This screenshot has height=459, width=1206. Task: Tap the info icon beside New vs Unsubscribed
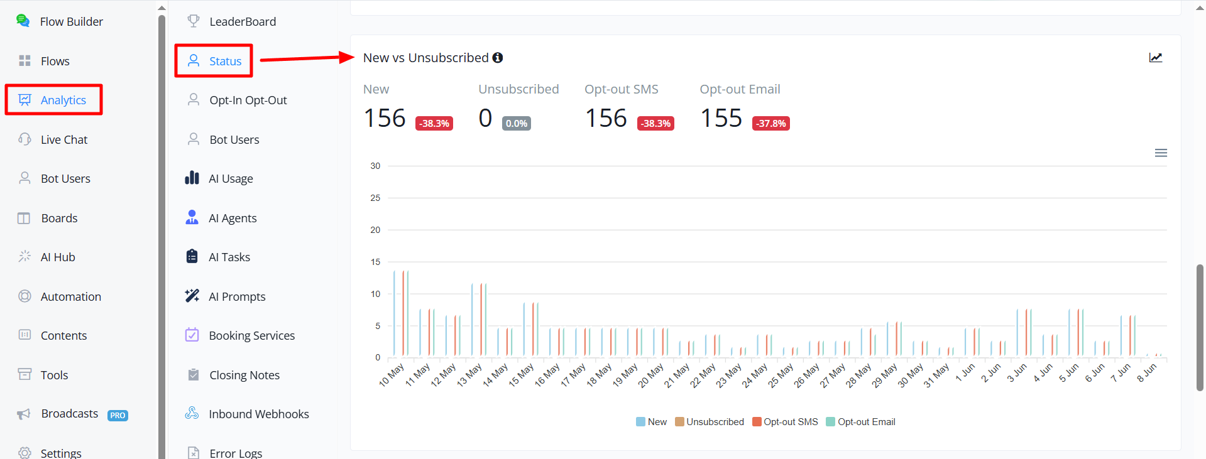pyautogui.click(x=498, y=58)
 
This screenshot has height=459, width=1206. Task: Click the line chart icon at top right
pyautogui.click(x=1156, y=58)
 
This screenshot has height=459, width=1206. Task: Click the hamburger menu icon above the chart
pyautogui.click(x=1161, y=153)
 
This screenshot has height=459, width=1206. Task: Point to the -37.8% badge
pyautogui.click(x=771, y=123)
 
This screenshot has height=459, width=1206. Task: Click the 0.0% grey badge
pyautogui.click(x=517, y=123)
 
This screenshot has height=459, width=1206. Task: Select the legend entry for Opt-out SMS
pyautogui.click(x=785, y=422)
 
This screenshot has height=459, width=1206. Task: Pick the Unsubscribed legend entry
pyautogui.click(x=710, y=422)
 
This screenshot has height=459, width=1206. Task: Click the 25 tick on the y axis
pyautogui.click(x=375, y=198)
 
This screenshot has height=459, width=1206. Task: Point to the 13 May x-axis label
pyautogui.click(x=469, y=375)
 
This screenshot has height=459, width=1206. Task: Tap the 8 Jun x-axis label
pyautogui.click(x=1147, y=373)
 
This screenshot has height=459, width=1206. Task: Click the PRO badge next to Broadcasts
pyautogui.click(x=118, y=415)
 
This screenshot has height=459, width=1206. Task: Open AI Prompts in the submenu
pyautogui.click(x=237, y=296)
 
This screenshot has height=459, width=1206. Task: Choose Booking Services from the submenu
pyautogui.click(x=251, y=335)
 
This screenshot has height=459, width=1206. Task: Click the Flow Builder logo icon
pyautogui.click(x=23, y=21)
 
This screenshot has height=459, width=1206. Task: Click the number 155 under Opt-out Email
pyautogui.click(x=721, y=118)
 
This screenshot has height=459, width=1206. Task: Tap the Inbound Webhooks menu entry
pyautogui.click(x=258, y=414)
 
